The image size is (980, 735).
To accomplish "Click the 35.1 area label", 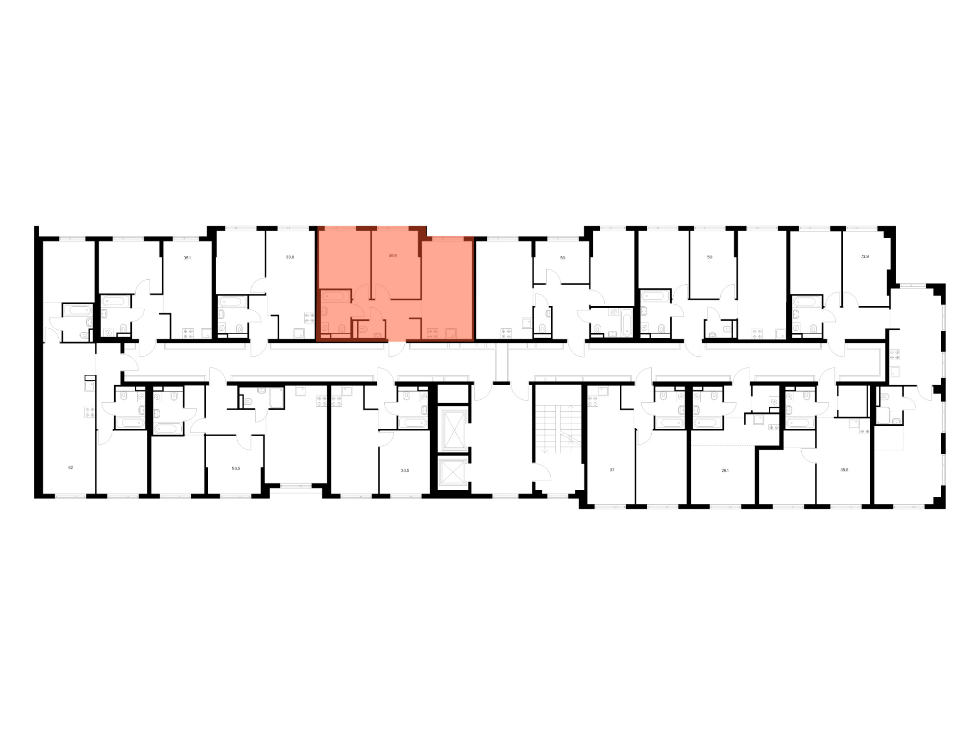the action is [x=187, y=257].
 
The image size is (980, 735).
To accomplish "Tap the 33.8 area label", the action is [x=290, y=257].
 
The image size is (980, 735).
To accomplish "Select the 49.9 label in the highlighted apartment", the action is [x=392, y=256].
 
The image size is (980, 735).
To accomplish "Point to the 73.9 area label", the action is [x=864, y=256].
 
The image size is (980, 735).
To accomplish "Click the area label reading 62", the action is [x=71, y=468].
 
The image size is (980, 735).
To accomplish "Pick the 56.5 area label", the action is [x=236, y=468].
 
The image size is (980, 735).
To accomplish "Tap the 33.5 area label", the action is [x=405, y=470].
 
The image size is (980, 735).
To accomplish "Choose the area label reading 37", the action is [x=612, y=470].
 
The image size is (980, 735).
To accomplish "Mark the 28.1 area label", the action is [x=725, y=470].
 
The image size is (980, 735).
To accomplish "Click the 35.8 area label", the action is [x=844, y=470].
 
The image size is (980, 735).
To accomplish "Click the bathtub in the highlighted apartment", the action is [x=335, y=296].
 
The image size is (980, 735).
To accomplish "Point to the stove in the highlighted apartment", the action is [x=432, y=334].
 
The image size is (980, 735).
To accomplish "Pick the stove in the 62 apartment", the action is [x=89, y=412].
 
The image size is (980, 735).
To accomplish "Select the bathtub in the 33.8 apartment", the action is [x=233, y=301].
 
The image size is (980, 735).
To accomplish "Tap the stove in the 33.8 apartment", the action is [x=309, y=318].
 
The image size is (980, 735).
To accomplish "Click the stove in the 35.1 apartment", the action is [x=189, y=334].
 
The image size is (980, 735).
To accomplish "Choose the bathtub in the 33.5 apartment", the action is [x=413, y=423].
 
